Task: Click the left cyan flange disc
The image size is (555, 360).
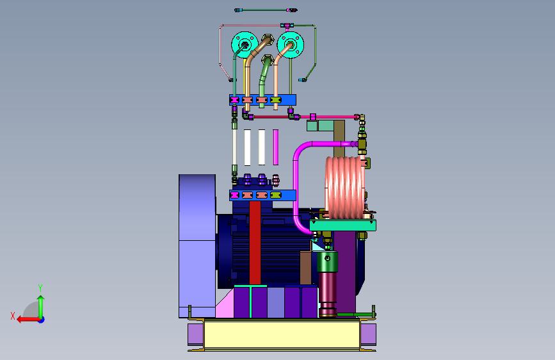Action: pyautogui.click(x=238, y=40)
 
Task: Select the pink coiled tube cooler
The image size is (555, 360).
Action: pyautogui.click(x=345, y=187)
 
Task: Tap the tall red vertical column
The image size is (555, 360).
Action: pyautogui.click(x=255, y=243)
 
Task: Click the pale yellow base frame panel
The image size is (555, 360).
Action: pyautogui.click(x=282, y=334)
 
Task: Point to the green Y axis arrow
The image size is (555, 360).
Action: pyautogui.click(x=41, y=307)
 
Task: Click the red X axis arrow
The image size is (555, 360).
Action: pyautogui.click(x=28, y=320)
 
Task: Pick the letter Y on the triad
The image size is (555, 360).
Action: pyautogui.click(x=40, y=288)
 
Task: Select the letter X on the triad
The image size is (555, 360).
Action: pyautogui.click(x=13, y=316)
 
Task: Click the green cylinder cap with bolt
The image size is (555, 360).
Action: pyautogui.click(x=327, y=262)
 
